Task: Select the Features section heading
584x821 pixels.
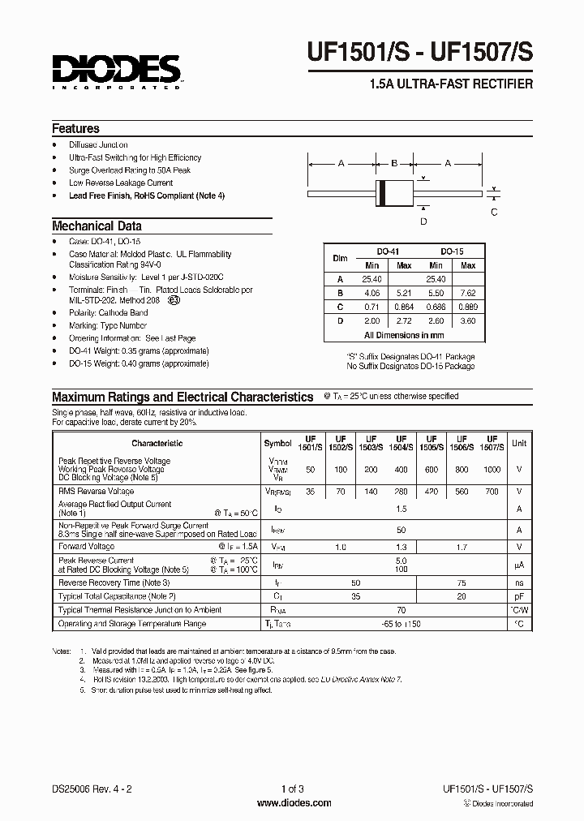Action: [75, 129]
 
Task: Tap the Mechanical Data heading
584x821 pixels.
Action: [97, 226]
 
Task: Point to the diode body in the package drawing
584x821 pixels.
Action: [393, 195]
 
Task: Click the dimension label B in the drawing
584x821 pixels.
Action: [393, 163]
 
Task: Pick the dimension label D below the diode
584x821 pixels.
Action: [423, 221]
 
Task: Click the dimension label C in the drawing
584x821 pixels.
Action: [495, 212]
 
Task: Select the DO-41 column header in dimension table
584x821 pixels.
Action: [388, 252]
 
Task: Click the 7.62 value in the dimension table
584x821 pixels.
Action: [468, 293]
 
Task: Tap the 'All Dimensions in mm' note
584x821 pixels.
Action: [403, 334]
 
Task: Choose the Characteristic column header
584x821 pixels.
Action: [157, 443]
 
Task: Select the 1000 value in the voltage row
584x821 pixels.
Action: [492, 470]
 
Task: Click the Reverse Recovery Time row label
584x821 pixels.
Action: [114, 582]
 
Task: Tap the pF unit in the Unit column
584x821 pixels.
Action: [519, 596]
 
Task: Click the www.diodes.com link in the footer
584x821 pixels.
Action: [293, 803]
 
